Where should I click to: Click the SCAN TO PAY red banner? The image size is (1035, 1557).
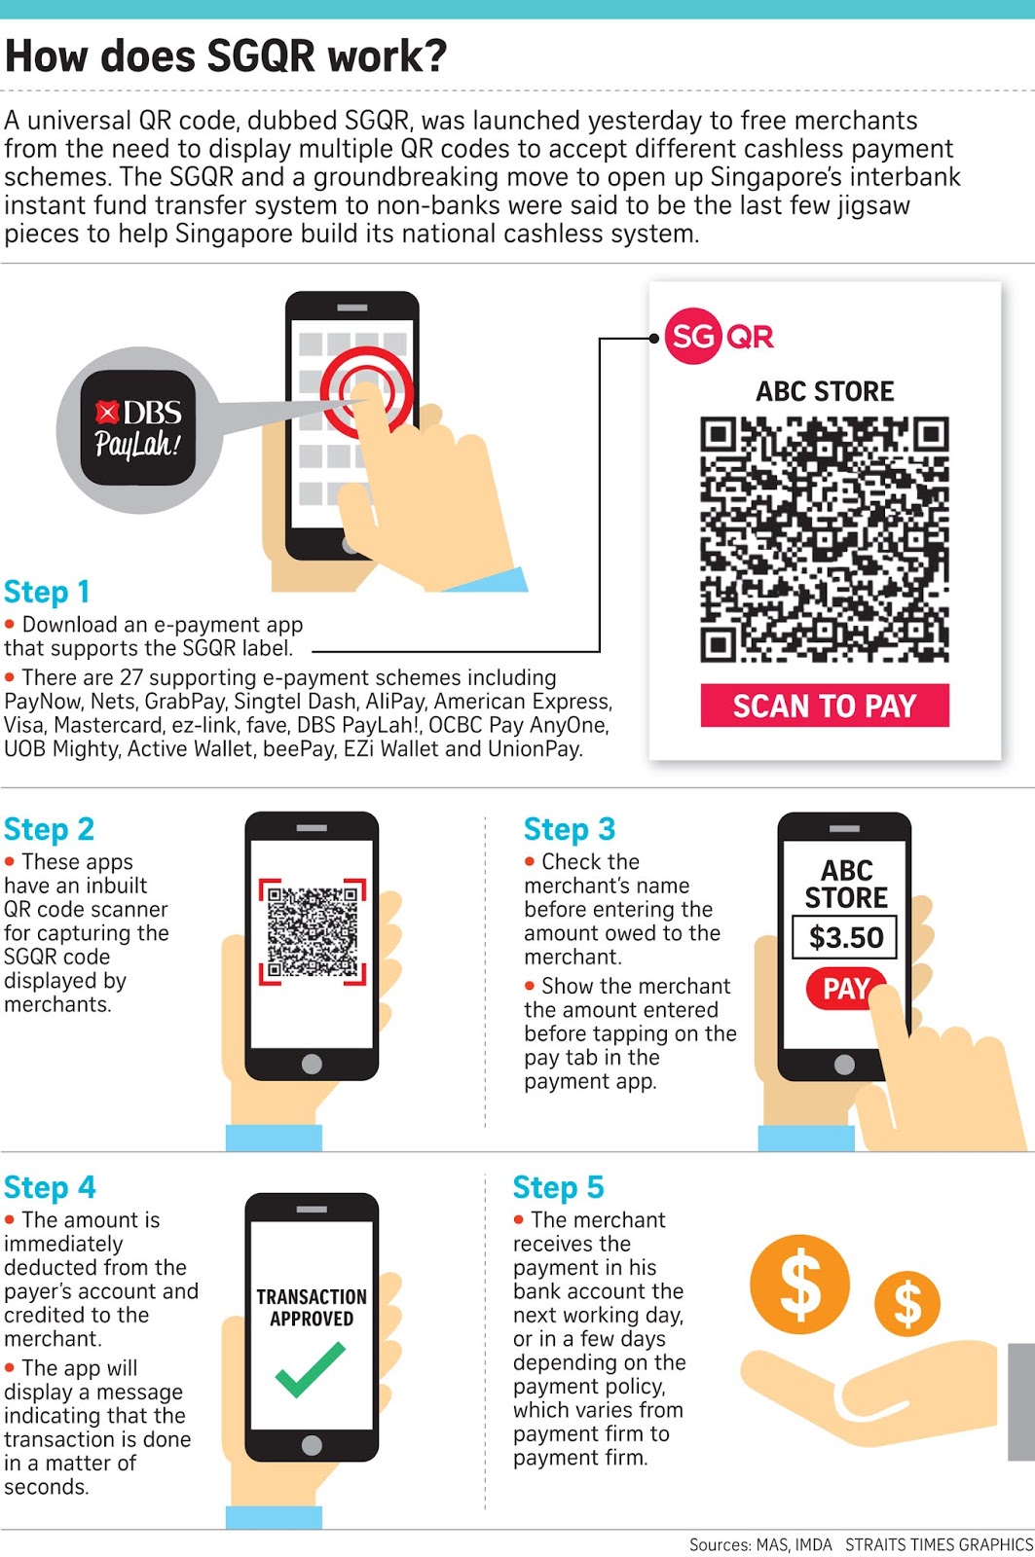(825, 706)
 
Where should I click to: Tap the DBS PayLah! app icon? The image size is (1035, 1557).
(137, 428)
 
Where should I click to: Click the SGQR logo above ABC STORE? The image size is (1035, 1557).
(719, 337)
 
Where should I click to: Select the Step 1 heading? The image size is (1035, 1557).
(47, 592)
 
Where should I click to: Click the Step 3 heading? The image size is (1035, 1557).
(569, 829)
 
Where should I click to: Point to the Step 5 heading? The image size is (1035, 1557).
(558, 1187)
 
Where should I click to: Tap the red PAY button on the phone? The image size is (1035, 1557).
(843, 989)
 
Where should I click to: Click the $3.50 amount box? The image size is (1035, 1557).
(845, 937)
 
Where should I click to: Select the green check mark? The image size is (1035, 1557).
(310, 1369)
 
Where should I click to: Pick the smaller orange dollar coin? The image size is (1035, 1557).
(906, 1304)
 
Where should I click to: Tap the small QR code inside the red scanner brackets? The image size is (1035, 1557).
(312, 930)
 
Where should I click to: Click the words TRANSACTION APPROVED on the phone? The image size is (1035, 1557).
(312, 1308)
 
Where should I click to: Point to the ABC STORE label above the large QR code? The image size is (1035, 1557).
(825, 391)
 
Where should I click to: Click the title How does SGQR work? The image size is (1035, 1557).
(226, 56)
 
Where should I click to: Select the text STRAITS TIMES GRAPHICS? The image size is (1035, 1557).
(939, 1544)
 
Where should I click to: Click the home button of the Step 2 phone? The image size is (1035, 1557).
(312, 1064)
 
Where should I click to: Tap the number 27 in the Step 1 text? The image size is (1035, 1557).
(130, 677)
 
